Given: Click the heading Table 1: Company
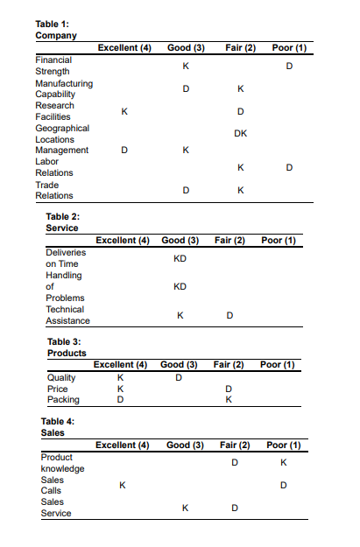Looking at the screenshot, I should (56, 30).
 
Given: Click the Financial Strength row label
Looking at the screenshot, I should (53, 66).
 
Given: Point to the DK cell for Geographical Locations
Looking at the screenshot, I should (240, 133).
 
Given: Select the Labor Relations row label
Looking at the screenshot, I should (53, 167).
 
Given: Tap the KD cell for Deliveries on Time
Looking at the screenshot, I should (180, 258).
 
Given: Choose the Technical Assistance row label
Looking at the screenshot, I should (67, 315).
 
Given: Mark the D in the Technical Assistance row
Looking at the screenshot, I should (229, 315).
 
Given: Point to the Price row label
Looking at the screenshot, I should (57, 389).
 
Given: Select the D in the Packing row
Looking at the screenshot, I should (119, 400).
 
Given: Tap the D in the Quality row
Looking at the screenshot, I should (178, 377).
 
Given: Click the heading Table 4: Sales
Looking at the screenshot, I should (58, 427).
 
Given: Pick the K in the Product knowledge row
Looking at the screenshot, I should (283, 461).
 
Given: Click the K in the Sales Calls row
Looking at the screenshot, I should (122, 485).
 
